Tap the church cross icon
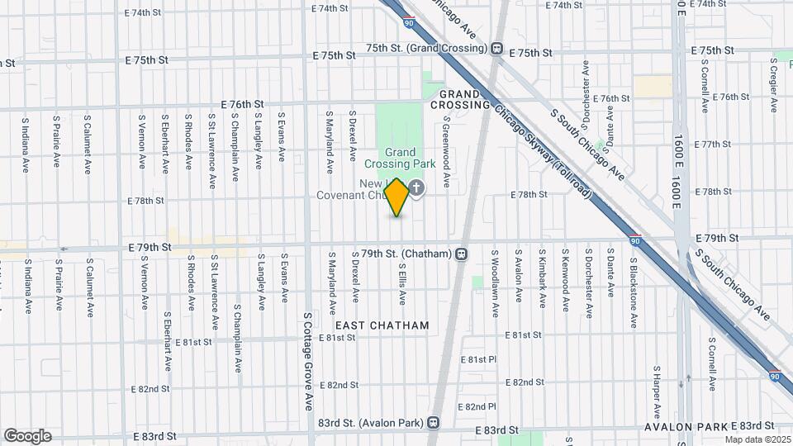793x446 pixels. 417,188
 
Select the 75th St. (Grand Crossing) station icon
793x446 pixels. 497,48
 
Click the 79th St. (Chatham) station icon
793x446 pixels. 461,254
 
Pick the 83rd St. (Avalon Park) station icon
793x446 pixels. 432,422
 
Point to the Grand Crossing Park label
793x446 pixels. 401,159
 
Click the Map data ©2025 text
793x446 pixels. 757,439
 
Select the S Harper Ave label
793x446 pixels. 656,392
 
